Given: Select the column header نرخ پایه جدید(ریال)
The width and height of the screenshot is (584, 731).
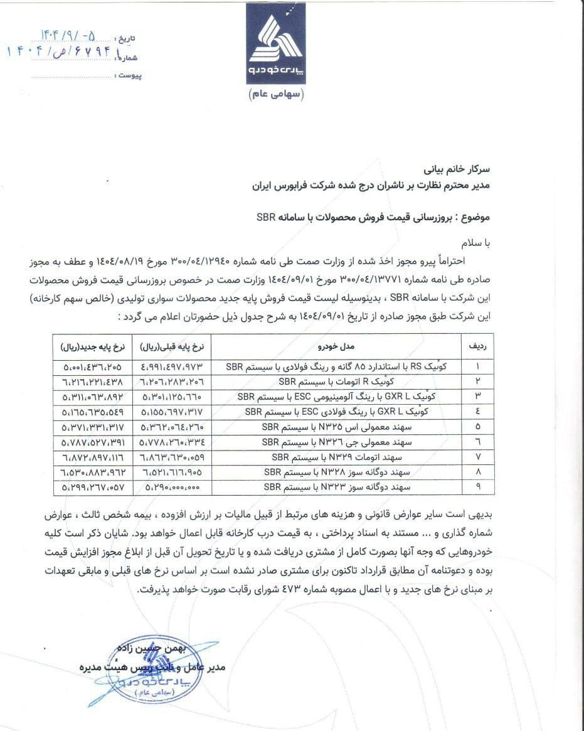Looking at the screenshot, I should click(x=93, y=346).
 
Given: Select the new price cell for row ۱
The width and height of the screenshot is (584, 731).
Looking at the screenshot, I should click(x=92, y=366).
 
